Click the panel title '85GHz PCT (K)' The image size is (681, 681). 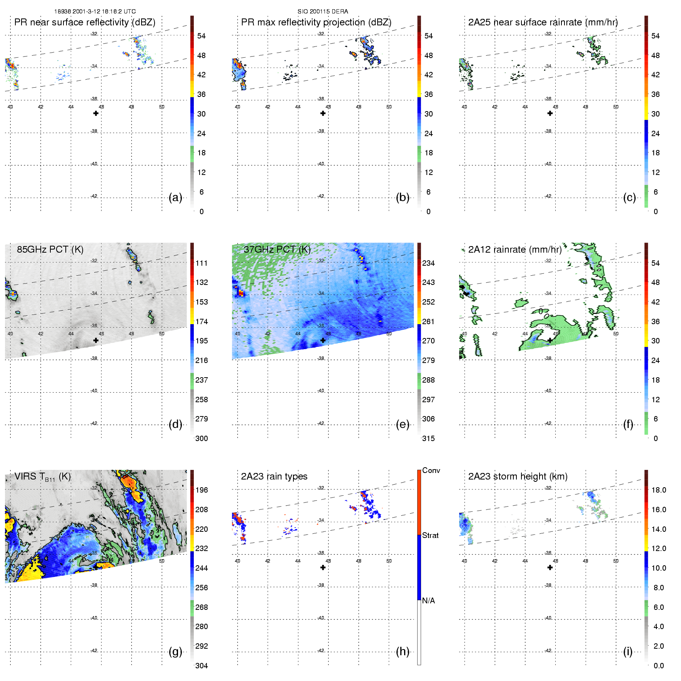point(50,250)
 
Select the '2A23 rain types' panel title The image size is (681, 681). point(274,476)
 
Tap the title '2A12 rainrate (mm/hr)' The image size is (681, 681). point(515,250)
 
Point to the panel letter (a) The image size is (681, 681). point(175,198)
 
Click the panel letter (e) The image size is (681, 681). point(403,425)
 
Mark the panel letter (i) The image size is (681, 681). point(628,651)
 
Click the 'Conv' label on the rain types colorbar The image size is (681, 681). point(431,470)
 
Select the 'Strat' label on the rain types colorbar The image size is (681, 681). point(430,535)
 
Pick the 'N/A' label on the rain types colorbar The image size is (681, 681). point(428,601)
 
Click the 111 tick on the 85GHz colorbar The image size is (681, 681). point(201,263)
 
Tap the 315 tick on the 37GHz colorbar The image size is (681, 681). point(428,438)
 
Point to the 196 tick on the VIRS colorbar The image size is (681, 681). point(201,490)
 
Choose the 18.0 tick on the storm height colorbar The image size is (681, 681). point(659,490)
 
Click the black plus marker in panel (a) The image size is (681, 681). point(96,113)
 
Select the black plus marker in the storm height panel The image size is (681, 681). point(550,567)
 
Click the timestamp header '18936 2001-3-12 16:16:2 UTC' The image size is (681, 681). point(95,12)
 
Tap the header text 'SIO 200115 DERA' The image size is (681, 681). point(323,12)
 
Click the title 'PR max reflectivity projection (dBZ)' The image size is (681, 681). point(316,22)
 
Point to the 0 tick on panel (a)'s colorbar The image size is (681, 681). point(201,211)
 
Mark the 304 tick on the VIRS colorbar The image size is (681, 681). point(201,666)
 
